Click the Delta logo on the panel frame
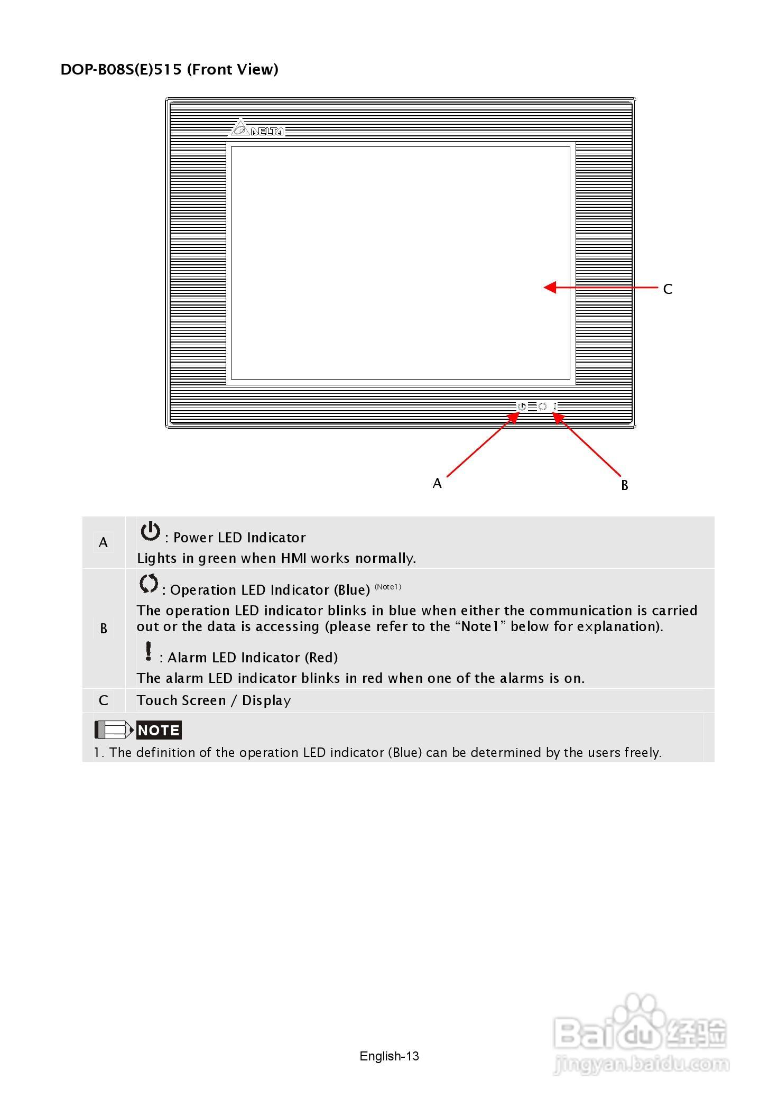[257, 128]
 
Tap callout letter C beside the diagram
[668, 289]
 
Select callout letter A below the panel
[437, 483]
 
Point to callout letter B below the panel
[624, 485]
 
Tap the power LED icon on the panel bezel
[522, 407]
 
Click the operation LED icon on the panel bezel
[542, 407]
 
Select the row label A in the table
[103, 542]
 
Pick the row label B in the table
[104, 629]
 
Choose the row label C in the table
[104, 700]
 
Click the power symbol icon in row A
[150, 531]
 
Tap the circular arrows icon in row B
[149, 584]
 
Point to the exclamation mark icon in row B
[149, 651]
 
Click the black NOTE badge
[159, 730]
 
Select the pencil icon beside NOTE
[114, 730]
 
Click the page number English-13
[389, 1056]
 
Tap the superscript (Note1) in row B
[388, 587]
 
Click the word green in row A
[218, 558]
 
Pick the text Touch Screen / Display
[214, 700]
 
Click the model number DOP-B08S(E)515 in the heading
[121, 69]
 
